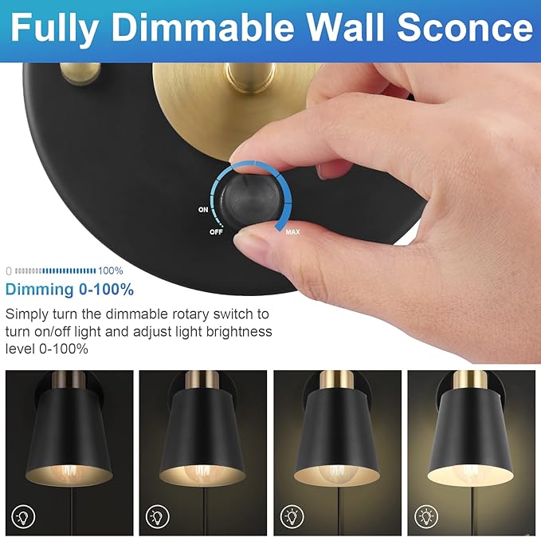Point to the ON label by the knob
click(x=204, y=210)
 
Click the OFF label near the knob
click(x=215, y=231)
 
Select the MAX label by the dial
click(x=292, y=233)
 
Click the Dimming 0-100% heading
click(x=70, y=289)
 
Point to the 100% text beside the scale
click(x=111, y=270)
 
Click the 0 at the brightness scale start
click(x=9, y=270)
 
